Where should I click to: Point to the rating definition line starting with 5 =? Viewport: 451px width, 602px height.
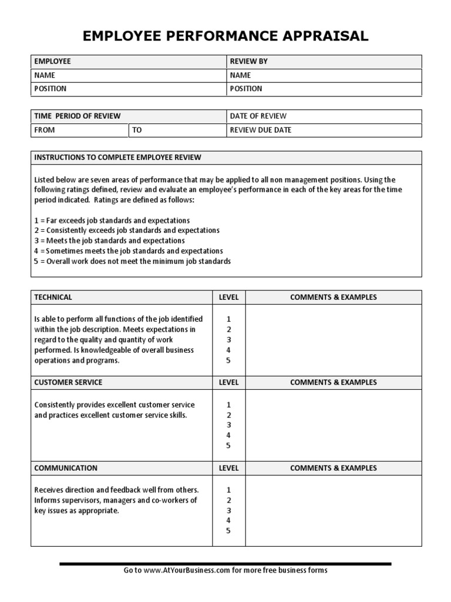132,261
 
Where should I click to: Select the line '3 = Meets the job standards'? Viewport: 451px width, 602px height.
109,240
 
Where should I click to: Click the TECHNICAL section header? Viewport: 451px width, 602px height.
53,297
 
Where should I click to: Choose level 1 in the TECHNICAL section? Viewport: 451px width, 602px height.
228,319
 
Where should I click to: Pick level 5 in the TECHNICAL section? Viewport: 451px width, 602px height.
228,360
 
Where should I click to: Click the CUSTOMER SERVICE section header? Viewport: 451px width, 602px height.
68,382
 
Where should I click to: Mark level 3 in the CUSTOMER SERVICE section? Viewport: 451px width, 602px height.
228,425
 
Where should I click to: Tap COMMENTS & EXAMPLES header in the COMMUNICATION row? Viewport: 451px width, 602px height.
334,468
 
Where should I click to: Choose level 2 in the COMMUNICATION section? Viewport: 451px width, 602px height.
228,500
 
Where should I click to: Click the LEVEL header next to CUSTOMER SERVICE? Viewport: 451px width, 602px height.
228,382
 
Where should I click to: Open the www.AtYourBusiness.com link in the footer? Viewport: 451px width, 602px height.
184,570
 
